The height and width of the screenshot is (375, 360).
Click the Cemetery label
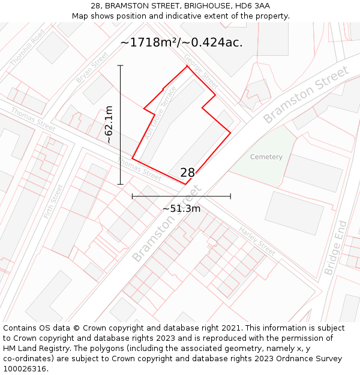point(266,157)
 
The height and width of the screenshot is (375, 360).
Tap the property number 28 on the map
point(187,173)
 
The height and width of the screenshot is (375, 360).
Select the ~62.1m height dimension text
point(109,125)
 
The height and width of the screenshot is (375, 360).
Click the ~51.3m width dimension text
point(181,208)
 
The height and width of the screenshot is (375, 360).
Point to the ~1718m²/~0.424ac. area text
point(181,43)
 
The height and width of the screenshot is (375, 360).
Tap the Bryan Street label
point(92,67)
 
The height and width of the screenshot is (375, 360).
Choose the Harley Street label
point(257,241)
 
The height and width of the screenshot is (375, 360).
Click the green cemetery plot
point(264,159)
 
